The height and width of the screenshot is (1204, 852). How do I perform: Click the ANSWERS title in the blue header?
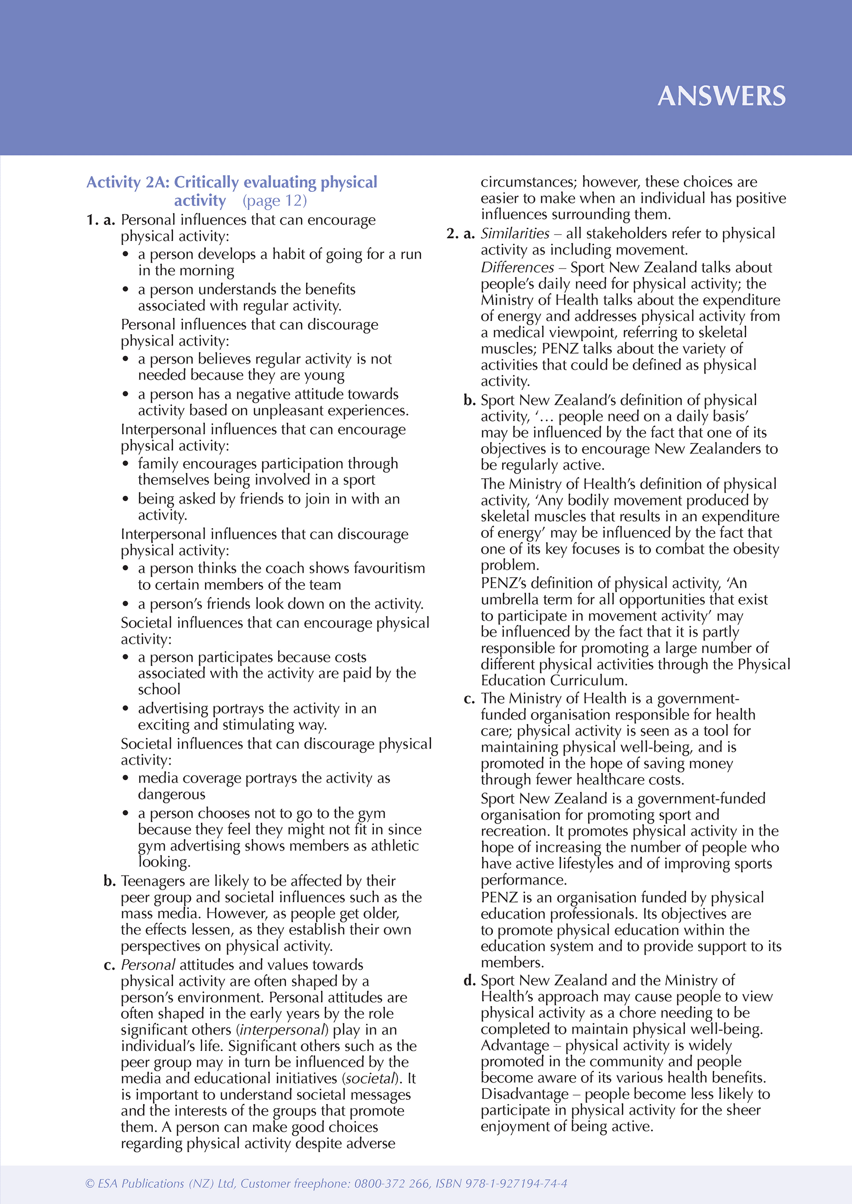tap(722, 96)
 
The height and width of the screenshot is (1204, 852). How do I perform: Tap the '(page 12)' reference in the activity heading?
tap(275, 201)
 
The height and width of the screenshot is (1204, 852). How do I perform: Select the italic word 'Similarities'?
tap(515, 233)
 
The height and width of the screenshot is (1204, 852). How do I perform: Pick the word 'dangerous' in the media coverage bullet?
tap(172, 794)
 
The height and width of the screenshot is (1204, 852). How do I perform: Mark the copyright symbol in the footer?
tap(90, 1183)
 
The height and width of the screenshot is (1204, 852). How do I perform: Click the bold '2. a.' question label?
tap(460, 233)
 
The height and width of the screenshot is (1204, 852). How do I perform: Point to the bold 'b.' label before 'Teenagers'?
tap(109, 881)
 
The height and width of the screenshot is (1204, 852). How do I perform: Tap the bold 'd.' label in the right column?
tap(469, 981)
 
